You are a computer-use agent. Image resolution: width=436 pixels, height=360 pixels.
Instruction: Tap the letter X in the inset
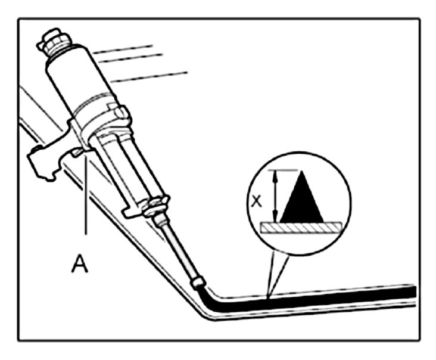point(257,201)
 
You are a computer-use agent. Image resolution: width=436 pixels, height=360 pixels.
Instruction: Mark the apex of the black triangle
point(302,173)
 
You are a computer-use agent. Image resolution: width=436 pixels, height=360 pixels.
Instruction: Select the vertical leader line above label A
point(86,197)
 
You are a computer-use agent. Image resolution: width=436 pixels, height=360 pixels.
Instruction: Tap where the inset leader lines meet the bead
point(269,296)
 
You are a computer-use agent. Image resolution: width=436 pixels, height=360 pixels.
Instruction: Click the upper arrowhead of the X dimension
point(275,174)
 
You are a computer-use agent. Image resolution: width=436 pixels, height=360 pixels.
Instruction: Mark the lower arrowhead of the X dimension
point(275,219)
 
